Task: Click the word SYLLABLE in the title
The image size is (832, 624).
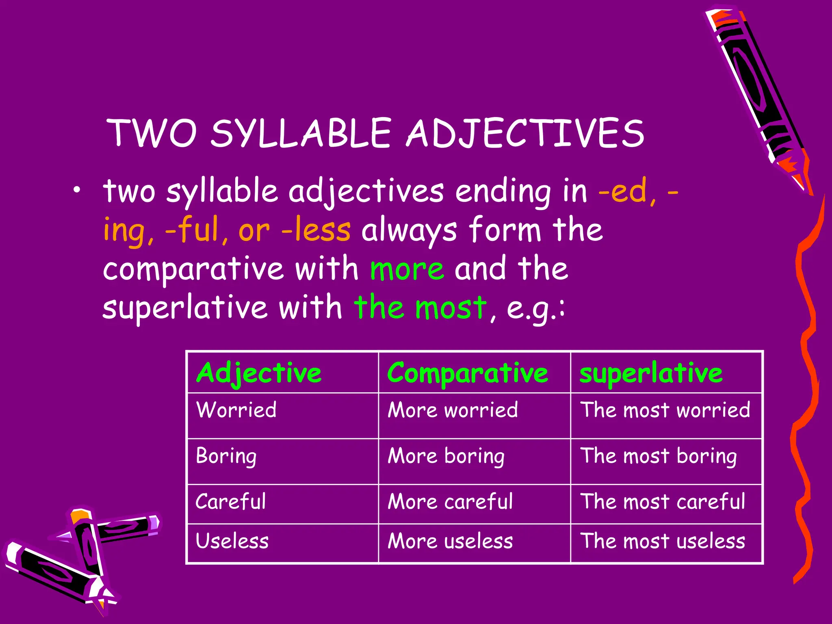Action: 301,133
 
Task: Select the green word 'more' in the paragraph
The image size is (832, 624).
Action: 407,269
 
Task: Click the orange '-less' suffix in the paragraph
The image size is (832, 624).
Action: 316,230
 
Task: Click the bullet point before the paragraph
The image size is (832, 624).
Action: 77,191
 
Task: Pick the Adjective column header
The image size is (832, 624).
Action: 259,373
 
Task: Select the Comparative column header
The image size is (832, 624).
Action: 467,373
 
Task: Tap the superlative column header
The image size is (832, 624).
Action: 651,373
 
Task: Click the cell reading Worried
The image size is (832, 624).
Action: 236,409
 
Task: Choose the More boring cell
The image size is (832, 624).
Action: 446,456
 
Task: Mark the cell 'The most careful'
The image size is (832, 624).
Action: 663,501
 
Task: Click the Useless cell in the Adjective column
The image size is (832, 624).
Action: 232,541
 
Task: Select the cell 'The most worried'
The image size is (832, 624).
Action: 665,409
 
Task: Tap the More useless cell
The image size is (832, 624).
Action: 450,541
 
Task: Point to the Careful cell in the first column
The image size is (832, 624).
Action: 230,501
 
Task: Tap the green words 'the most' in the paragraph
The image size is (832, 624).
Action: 420,308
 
